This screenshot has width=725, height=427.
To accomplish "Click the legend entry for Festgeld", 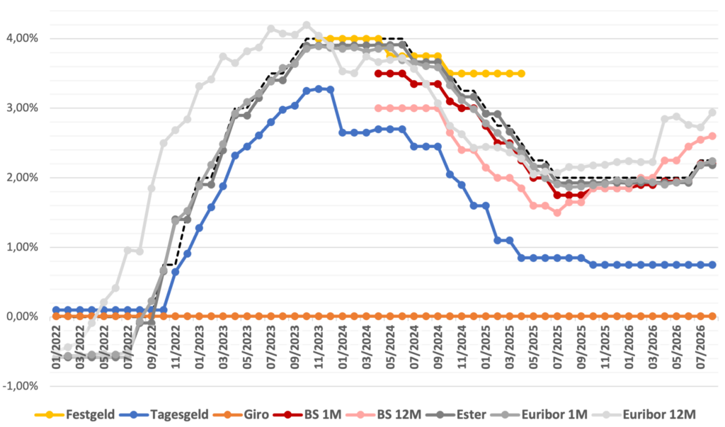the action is click(x=75, y=414).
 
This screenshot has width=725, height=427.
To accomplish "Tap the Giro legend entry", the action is click(x=241, y=414).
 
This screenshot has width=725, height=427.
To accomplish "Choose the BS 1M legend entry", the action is click(x=307, y=414).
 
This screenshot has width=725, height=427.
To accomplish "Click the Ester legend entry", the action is click(x=456, y=414).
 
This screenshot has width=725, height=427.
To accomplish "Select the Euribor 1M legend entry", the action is click(x=539, y=414).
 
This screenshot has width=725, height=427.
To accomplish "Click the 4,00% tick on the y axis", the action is click(x=22, y=38).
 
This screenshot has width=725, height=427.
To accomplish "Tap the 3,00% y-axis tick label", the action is click(x=22, y=108).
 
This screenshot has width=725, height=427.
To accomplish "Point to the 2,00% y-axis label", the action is click(x=22, y=178).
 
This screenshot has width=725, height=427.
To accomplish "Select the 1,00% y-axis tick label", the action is click(x=22, y=247).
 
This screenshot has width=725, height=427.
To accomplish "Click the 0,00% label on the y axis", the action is click(x=22, y=317).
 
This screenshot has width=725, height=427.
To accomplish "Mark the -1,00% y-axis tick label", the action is click(x=21, y=387).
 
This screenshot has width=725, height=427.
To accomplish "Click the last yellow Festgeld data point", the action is click(x=521, y=74).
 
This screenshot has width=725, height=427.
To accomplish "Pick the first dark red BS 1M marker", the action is click(x=378, y=74).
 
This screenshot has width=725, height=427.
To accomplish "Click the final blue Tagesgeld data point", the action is click(x=712, y=265).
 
